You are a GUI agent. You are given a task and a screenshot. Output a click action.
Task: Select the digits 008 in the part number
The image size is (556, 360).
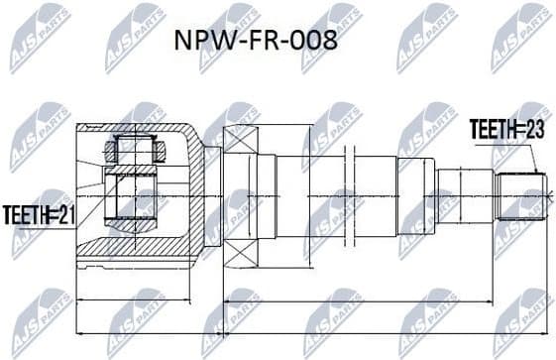coord(315,43)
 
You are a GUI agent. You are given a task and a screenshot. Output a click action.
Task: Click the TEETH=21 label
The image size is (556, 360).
coord(37,212)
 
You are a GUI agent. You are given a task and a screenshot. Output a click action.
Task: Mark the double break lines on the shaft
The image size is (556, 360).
coord(348,195)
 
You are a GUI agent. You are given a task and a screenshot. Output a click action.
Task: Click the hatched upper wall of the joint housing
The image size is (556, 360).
coord(139,128)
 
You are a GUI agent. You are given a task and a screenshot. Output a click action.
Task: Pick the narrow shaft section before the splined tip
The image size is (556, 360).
coord(466,195)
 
